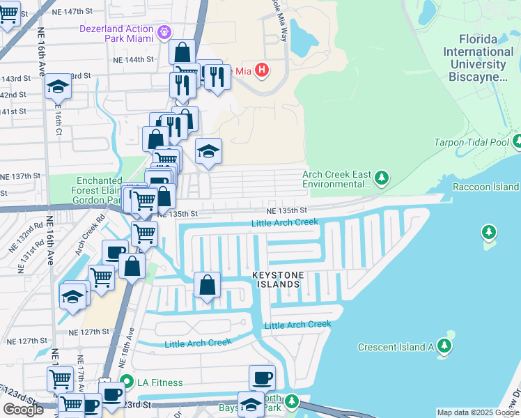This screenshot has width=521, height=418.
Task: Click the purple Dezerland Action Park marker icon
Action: pos(164,31)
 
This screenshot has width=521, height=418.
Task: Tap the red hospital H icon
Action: pos(262,70)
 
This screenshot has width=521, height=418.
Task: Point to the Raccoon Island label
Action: pos(485,187)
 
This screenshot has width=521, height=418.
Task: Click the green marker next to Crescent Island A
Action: pos(445,346)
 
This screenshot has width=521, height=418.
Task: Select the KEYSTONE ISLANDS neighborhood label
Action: pos(277,280)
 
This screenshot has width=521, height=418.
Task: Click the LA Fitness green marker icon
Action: pos(126,382)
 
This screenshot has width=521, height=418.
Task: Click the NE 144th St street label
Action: pos(135,60)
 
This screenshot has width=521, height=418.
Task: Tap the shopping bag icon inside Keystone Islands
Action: pos(207,284)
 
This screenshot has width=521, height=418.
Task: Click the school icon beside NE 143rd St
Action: pos(58,86)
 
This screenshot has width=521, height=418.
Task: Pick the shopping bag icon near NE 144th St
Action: pos(182,52)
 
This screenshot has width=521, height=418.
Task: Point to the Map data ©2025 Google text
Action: pos(478,412)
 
